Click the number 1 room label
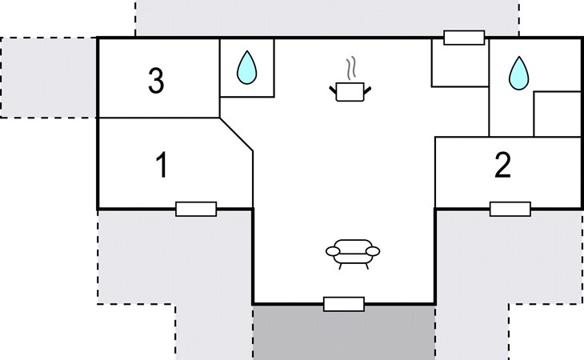click(x=162, y=166)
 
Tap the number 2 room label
click(x=502, y=165)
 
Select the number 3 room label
click(x=156, y=81)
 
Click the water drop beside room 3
click(x=246, y=67)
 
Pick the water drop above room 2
click(x=519, y=74)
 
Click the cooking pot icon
click(x=350, y=91)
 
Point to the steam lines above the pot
click(x=350, y=69)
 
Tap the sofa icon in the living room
click(x=353, y=254)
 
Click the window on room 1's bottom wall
click(x=196, y=210)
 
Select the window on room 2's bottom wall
click(x=510, y=210)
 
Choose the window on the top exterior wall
click(x=464, y=38)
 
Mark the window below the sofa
click(x=344, y=304)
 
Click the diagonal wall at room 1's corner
click(x=236, y=134)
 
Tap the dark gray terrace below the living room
click(x=344, y=333)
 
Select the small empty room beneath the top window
click(x=460, y=63)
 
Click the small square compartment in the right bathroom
click(x=557, y=114)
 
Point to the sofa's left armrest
click(x=333, y=252)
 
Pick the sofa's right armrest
click(x=373, y=252)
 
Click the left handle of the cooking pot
click(x=333, y=90)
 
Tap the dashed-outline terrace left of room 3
click(x=49, y=78)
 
